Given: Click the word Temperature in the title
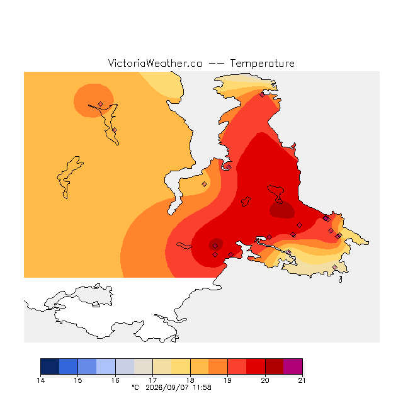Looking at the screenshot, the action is [262, 64].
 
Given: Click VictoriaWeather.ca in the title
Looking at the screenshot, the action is [155, 64].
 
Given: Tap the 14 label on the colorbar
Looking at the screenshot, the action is [40, 380].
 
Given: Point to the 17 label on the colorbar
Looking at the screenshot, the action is [152, 380].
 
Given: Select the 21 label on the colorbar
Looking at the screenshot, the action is [302, 380].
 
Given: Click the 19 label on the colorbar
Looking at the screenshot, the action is [227, 380].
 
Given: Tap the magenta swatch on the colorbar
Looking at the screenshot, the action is [293, 366].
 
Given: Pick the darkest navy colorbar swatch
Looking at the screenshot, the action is [50, 366].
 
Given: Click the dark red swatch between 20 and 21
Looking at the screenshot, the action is [275, 366].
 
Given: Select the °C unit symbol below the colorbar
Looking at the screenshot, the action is [135, 387].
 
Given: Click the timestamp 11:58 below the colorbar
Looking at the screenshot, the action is [202, 387].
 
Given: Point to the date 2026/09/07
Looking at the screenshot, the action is [168, 387].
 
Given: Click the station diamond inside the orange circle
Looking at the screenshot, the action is [101, 104].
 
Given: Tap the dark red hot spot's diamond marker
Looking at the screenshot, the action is [215, 246].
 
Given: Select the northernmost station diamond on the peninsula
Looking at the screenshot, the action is [262, 95].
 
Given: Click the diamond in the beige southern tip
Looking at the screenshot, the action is [334, 267].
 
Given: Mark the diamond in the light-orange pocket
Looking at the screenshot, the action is [204, 184].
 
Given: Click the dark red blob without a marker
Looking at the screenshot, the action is [282, 210].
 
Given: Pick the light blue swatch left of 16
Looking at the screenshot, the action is [106, 366].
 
